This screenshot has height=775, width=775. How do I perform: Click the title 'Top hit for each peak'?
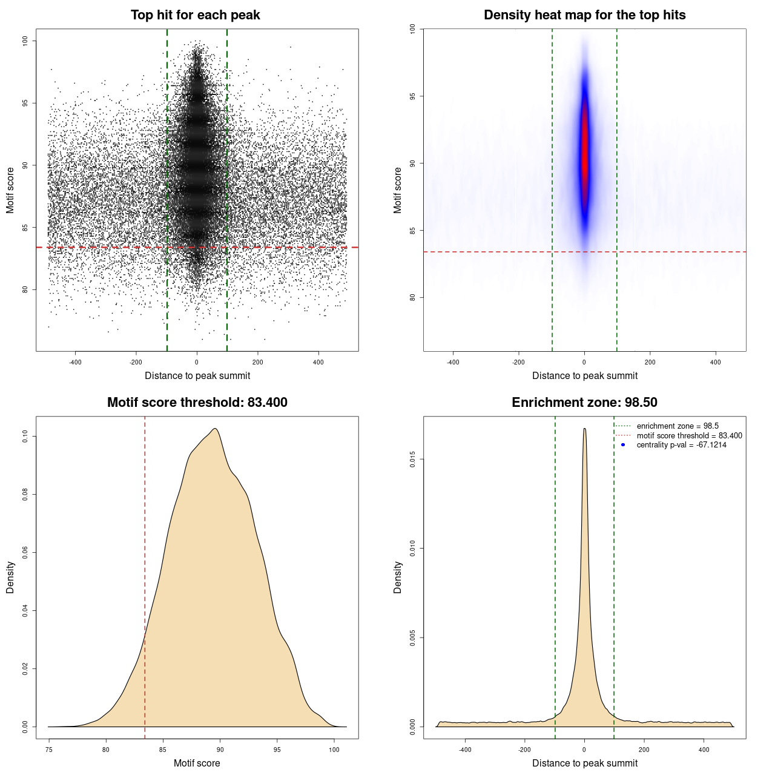(x=195, y=15)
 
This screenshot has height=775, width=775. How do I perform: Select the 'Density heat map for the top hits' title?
(x=584, y=15)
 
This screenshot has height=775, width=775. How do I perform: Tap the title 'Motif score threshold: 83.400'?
(x=197, y=403)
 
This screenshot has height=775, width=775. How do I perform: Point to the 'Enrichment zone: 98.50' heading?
(x=584, y=403)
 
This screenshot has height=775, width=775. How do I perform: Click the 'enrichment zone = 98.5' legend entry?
(x=678, y=426)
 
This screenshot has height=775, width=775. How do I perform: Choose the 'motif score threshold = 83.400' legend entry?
(x=689, y=436)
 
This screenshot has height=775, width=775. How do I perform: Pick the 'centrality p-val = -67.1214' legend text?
(x=681, y=445)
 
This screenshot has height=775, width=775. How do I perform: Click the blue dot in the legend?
(x=623, y=445)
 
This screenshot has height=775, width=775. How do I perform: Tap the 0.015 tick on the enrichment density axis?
(x=412, y=460)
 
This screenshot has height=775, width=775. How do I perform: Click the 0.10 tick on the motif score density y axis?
(x=25, y=437)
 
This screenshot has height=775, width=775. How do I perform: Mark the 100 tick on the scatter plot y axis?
(x=25, y=41)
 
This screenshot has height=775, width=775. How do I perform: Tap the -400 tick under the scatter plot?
(x=75, y=363)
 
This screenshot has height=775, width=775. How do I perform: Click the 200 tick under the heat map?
(x=650, y=363)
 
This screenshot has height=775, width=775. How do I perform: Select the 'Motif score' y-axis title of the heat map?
(x=398, y=190)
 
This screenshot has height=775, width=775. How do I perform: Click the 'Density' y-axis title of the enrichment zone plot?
(x=398, y=577)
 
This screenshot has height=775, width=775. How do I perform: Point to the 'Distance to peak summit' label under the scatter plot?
(x=197, y=376)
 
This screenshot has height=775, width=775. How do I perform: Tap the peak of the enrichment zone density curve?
(x=584, y=429)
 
